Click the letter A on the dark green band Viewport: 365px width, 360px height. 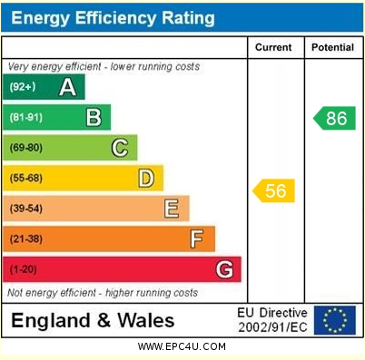point(67,87)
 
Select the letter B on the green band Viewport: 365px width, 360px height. point(94,117)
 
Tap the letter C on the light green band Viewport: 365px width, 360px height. point(120,148)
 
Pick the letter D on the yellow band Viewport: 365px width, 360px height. point(145,179)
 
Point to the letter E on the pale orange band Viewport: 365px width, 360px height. point(171,209)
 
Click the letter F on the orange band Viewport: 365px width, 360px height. point(196,239)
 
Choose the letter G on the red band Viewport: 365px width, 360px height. point(223,269)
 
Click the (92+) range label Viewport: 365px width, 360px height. point(23,87)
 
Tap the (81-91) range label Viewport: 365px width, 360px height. point(26,117)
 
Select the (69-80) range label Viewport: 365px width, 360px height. point(26,148)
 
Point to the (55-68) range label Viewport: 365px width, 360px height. point(26,179)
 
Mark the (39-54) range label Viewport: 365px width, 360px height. point(26,209)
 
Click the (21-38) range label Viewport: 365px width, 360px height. point(26,239)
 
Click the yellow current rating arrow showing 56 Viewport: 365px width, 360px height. point(273,190)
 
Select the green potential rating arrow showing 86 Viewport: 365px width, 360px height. point(334,118)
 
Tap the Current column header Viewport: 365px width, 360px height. point(273,47)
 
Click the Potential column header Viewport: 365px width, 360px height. point(332,47)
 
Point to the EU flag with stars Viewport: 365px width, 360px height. point(334,319)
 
